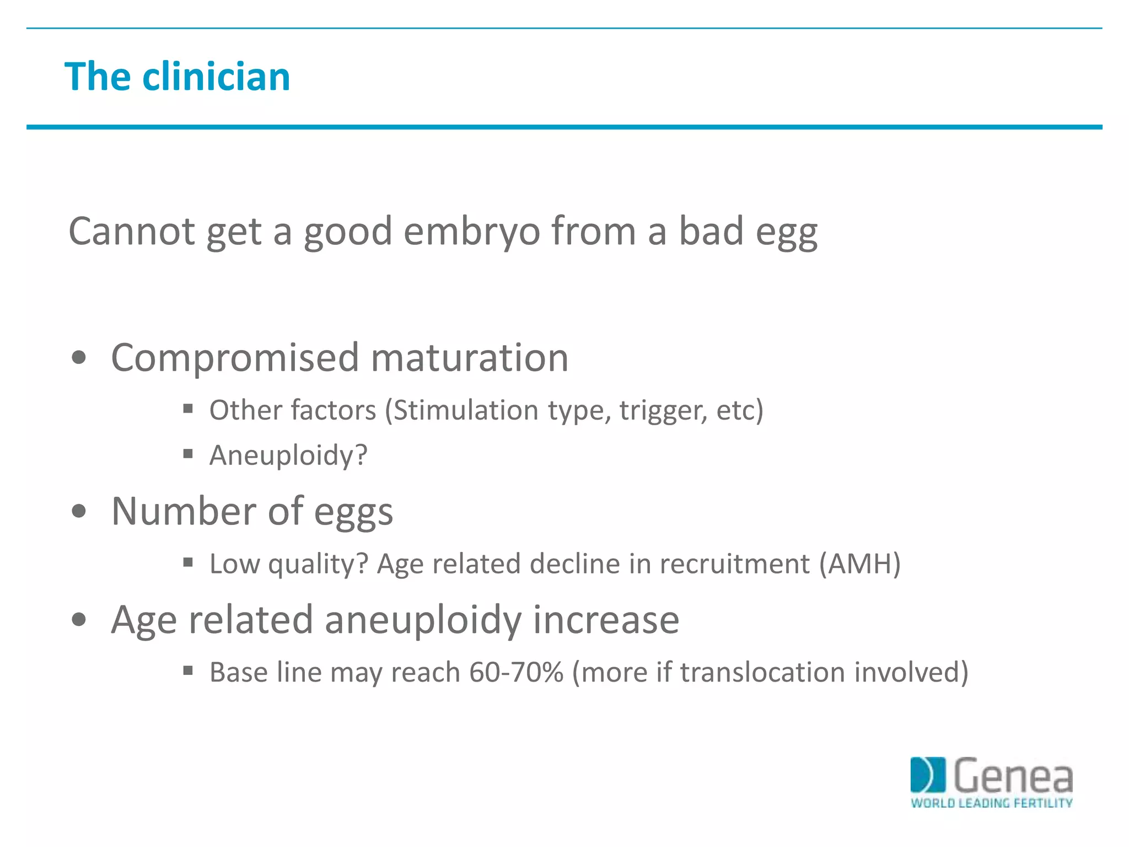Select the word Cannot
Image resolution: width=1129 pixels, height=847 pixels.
[131, 232]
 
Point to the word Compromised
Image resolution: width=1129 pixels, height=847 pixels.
[235, 358]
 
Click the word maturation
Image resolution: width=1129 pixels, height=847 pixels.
[469, 358]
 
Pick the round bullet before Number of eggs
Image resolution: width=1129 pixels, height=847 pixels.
[79, 511]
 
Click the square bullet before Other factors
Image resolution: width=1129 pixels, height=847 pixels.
[188, 409]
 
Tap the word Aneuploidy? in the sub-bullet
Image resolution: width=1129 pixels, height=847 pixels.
[288, 456]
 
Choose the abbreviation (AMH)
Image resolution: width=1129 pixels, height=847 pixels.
[860, 564]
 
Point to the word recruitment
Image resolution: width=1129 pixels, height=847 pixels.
[735, 564]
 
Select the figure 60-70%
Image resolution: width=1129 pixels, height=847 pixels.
[517, 672]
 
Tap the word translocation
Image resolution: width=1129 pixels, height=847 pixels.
[762, 672]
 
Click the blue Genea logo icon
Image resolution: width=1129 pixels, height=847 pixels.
[927, 775]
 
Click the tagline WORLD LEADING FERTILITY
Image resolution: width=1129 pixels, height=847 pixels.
[991, 803]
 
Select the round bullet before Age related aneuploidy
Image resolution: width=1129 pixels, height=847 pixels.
[79, 620]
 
